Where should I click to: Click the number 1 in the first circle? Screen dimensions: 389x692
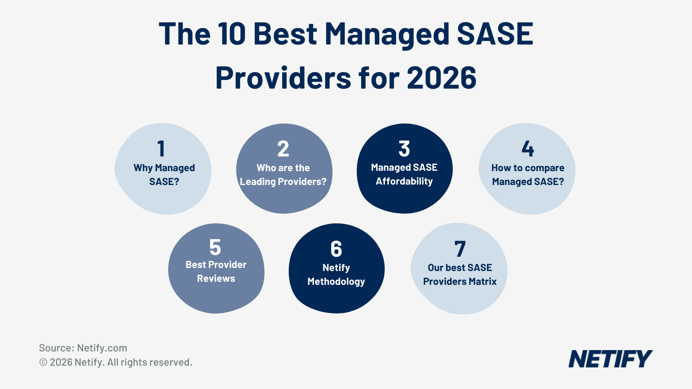pos(161,149)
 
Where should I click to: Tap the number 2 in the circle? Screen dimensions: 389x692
pos(283,149)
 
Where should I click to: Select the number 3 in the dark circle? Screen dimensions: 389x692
pos(404,149)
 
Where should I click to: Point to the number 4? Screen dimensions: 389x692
pos(528,149)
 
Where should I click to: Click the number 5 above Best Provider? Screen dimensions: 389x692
pos(215,247)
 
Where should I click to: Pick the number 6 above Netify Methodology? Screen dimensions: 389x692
pos(336,249)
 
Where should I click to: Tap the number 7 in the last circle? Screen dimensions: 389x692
pos(460,249)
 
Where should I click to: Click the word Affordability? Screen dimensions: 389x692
pos(404,182)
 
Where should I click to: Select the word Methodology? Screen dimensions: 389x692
pos(336,282)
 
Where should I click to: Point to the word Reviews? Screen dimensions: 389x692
pos(216,279)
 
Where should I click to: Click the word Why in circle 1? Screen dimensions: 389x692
pos(143,168)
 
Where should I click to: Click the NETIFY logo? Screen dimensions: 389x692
pos(610,359)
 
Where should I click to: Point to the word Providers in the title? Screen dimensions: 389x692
pos(283,78)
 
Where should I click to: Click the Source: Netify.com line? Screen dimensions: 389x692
pos(83,348)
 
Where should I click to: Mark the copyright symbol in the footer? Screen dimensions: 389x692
pos(43,363)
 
